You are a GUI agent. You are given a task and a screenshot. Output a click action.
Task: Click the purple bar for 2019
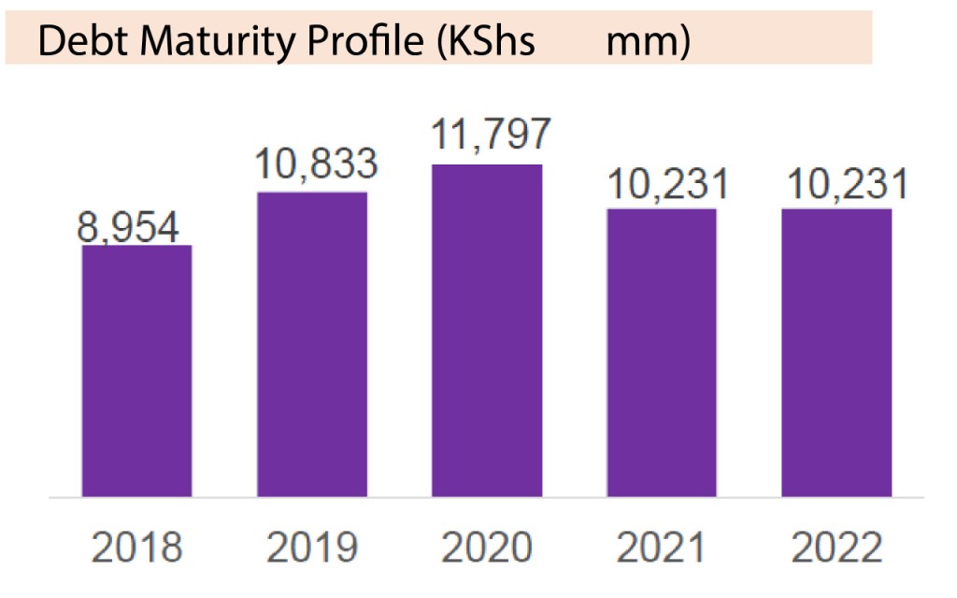[x=312, y=344]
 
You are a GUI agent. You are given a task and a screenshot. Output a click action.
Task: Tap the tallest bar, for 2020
[x=487, y=330]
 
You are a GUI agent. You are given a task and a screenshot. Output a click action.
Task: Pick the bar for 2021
[x=662, y=352]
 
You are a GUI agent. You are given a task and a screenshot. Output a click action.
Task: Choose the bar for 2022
[x=836, y=352]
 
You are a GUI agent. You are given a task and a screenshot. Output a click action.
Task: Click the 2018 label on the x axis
[x=136, y=548]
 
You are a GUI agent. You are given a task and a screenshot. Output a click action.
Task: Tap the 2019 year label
[x=312, y=548]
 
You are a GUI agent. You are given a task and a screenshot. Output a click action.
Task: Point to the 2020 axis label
[x=487, y=548]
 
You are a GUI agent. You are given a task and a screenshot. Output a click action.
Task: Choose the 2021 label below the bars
[x=662, y=548]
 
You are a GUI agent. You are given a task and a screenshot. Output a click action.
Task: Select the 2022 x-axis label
[x=836, y=548]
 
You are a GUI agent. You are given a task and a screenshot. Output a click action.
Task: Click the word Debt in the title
[x=76, y=43]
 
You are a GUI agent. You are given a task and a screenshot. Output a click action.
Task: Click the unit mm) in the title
[x=648, y=43]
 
